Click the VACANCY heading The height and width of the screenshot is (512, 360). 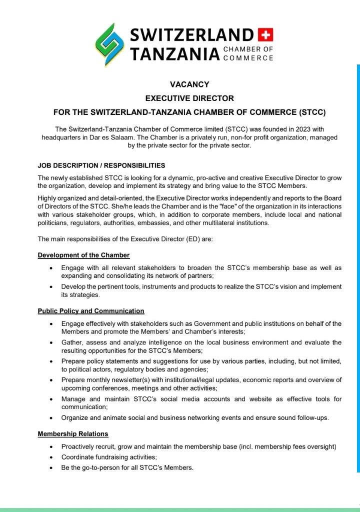[189, 84]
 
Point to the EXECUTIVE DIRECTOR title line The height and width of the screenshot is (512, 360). [189, 98]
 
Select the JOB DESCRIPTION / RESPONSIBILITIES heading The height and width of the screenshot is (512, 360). [101, 165]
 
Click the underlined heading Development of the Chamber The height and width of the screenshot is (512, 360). [83, 255]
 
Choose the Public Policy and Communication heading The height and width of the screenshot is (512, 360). [91, 311]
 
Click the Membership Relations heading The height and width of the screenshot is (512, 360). [73, 433]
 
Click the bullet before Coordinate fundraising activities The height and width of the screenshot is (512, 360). [51, 457]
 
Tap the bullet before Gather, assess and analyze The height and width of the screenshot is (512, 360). [51, 342]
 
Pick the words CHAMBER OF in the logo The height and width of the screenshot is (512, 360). [248, 49]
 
